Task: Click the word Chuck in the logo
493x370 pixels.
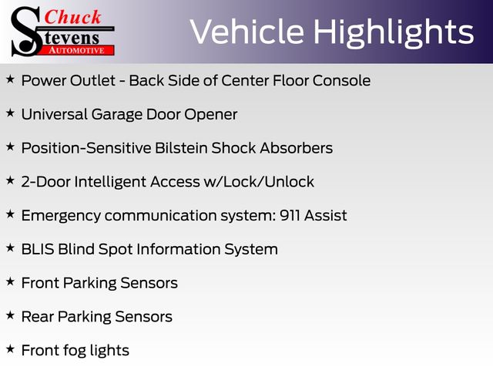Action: click(x=72, y=17)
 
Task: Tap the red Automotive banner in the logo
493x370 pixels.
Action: click(x=77, y=51)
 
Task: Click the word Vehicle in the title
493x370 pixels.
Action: click(x=246, y=32)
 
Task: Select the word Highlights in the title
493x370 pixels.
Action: click(x=394, y=33)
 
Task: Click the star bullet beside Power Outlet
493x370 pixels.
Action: click(x=10, y=79)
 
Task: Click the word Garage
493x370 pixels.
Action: click(x=117, y=115)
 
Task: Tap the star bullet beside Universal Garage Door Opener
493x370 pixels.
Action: click(x=10, y=113)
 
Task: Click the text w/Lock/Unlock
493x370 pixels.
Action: click(x=259, y=182)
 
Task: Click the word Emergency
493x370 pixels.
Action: click(x=61, y=216)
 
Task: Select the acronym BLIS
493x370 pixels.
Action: click(x=38, y=249)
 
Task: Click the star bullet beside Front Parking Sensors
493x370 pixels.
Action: click(x=10, y=281)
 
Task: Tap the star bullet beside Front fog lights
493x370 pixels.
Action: click(x=10, y=349)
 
